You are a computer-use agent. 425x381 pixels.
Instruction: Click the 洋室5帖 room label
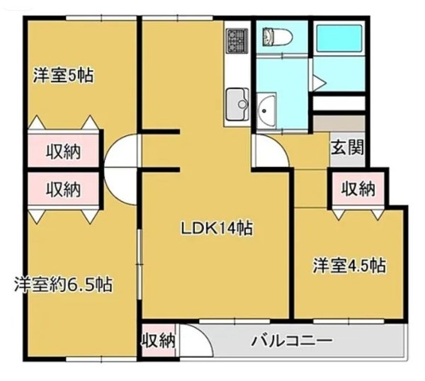(64, 75)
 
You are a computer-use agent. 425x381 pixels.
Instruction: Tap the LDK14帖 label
(217, 228)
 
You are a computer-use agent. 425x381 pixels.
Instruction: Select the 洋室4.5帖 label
(349, 266)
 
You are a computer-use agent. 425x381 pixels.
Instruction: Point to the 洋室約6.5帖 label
(63, 285)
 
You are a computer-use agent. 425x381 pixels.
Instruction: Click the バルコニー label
(292, 340)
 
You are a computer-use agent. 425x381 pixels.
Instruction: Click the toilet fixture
(272, 36)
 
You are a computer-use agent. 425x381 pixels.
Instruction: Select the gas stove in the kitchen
(235, 40)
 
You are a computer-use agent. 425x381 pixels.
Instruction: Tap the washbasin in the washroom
(267, 108)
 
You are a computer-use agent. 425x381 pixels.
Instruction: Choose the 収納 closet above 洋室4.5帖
(357, 188)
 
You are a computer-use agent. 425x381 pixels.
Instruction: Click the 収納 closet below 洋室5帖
(63, 151)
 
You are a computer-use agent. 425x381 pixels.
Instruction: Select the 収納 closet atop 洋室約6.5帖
(63, 189)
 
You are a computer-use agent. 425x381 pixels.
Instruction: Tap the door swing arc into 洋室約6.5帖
(118, 185)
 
